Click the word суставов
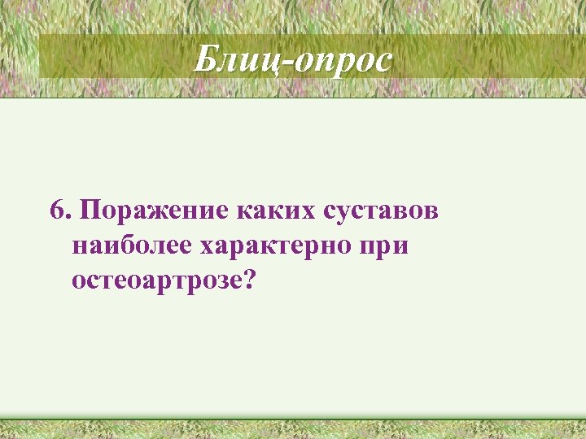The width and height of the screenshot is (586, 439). [x=381, y=211]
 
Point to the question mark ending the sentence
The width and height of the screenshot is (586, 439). [x=249, y=280]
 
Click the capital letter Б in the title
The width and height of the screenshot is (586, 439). [x=207, y=59]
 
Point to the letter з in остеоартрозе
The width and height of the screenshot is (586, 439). [x=216, y=282]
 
